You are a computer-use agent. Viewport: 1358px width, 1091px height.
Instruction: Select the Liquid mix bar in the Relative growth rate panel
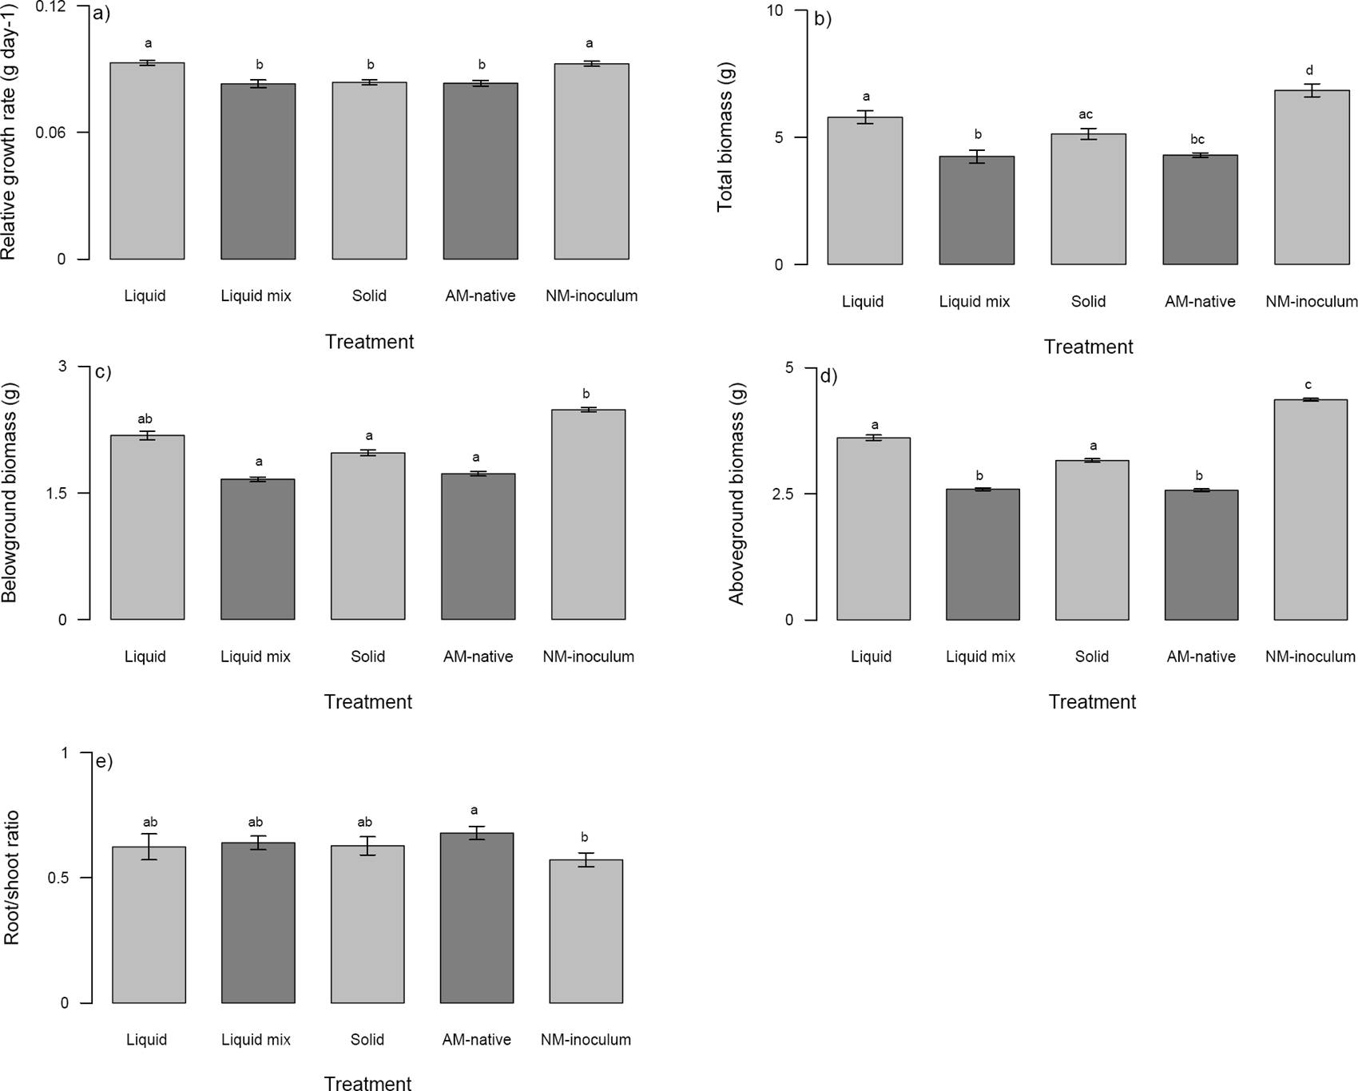click(258, 171)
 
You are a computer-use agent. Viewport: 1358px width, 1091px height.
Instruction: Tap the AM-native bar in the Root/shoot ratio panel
click(476, 918)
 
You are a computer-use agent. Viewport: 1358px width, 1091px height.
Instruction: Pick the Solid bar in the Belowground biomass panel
click(367, 536)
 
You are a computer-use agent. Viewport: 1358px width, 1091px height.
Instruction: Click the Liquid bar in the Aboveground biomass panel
click(873, 529)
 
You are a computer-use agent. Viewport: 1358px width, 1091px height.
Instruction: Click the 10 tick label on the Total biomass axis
click(775, 11)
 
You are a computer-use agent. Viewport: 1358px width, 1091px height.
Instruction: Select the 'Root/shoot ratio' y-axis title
click(11, 878)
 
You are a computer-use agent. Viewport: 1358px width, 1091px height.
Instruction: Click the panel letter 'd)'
click(828, 376)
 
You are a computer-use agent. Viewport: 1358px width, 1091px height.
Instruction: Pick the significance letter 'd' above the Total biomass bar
click(1309, 70)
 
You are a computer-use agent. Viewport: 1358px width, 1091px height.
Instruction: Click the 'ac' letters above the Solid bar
click(1086, 115)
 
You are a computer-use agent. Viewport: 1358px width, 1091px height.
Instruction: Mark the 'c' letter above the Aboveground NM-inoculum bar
click(1308, 384)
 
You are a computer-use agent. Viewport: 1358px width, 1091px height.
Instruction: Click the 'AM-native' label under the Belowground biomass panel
click(478, 657)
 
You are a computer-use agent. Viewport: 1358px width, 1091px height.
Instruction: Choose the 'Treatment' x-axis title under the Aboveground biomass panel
click(1092, 702)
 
